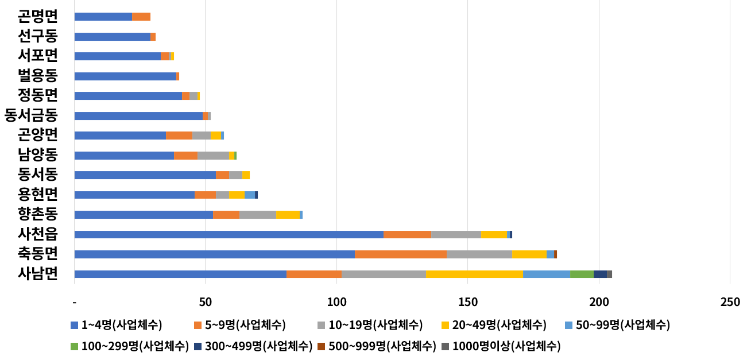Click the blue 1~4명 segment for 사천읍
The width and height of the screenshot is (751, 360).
[x=229, y=234]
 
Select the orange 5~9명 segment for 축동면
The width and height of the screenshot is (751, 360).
[x=400, y=254]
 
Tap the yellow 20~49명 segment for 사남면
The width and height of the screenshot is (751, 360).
[x=474, y=274]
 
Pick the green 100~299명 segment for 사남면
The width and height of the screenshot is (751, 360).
[x=582, y=274]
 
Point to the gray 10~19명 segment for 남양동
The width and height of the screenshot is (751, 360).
[x=213, y=156]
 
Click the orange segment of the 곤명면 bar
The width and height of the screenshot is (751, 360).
[x=141, y=17]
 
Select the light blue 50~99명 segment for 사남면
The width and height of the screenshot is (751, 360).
[x=547, y=274]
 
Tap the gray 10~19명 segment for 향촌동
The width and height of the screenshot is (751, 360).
[x=258, y=215]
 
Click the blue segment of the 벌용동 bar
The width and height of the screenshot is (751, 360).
[x=125, y=76]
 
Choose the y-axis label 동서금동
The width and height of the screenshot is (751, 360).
[x=31, y=115]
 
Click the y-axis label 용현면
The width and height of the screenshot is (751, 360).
[x=38, y=194]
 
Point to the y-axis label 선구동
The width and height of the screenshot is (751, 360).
[x=38, y=37]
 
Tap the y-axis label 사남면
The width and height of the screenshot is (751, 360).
[x=38, y=273]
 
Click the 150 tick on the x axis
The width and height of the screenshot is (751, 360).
[x=467, y=302]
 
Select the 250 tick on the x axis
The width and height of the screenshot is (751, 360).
[x=730, y=302]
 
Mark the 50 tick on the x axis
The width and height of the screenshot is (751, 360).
[x=205, y=302]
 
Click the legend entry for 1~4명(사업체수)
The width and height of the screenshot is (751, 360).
[x=116, y=326]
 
